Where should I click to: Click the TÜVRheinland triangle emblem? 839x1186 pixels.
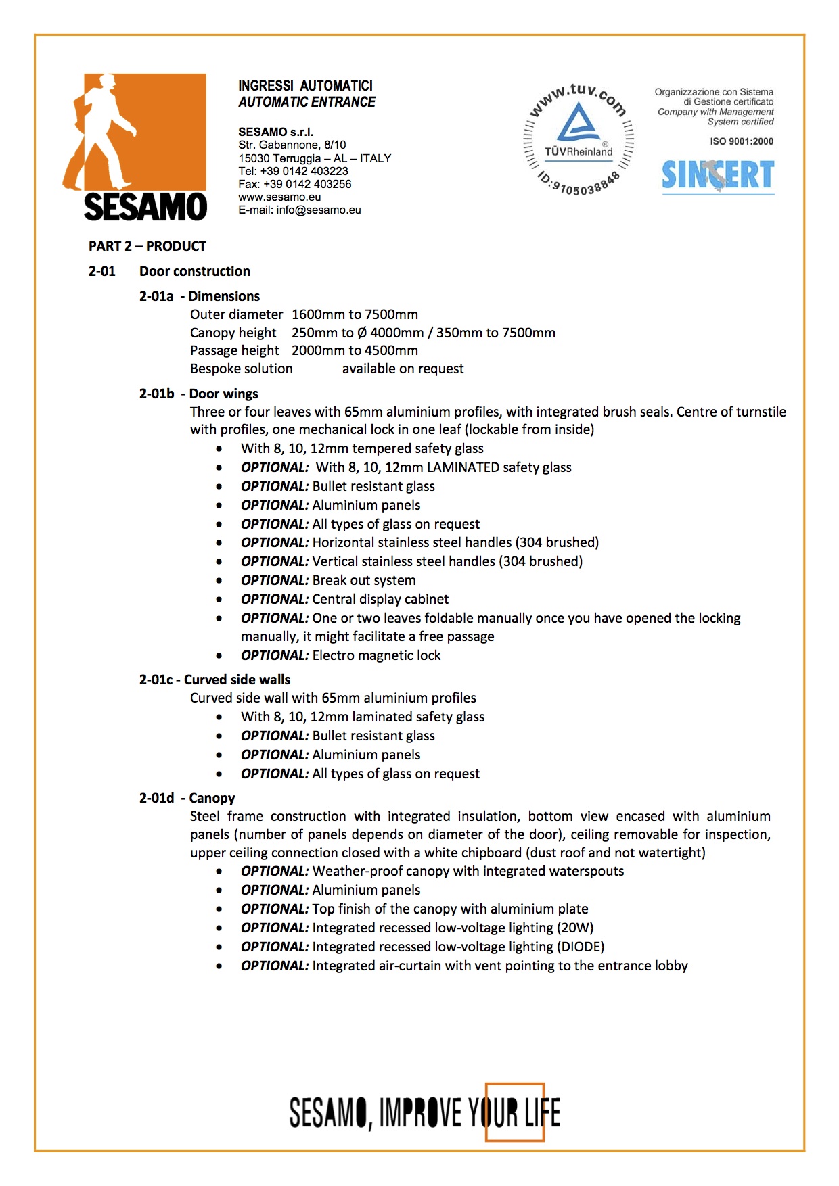click(579, 122)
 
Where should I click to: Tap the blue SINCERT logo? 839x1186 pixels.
click(718, 176)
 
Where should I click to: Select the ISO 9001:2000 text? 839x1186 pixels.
click(742, 141)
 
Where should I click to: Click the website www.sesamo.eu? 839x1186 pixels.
click(279, 197)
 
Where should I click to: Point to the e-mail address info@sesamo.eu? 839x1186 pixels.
click(319, 210)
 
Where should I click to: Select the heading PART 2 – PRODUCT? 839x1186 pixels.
click(147, 246)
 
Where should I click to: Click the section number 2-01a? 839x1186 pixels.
click(156, 296)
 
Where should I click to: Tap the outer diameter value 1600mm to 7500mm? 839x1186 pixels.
click(355, 314)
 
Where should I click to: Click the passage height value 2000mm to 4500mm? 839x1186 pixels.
click(355, 350)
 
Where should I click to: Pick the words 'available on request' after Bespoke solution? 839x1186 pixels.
click(403, 369)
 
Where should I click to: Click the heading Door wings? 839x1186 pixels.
click(223, 394)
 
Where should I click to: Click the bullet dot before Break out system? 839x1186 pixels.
click(219, 580)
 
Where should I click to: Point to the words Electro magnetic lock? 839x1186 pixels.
click(376, 655)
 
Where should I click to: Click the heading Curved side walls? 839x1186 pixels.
click(237, 680)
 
